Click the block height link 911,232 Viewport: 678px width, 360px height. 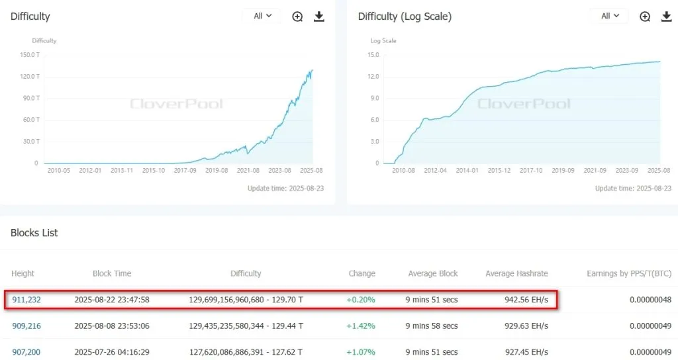coord(26,300)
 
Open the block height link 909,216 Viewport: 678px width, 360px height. coord(26,326)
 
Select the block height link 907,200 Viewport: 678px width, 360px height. coord(26,351)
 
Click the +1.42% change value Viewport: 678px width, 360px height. coord(360,326)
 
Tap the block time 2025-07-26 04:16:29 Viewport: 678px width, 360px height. coord(112,351)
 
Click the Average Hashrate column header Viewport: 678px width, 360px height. coord(516,273)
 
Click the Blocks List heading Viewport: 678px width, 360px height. coord(34,233)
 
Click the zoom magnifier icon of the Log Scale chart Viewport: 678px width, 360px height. coord(645,17)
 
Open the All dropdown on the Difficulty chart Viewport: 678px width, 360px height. coord(262,16)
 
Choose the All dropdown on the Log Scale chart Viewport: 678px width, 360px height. coord(610,16)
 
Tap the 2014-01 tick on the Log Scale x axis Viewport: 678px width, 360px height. coord(467,170)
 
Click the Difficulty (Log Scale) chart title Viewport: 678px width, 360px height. coord(405,17)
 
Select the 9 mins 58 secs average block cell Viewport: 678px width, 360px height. coord(432,326)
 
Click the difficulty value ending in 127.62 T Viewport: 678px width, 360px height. coord(246,351)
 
